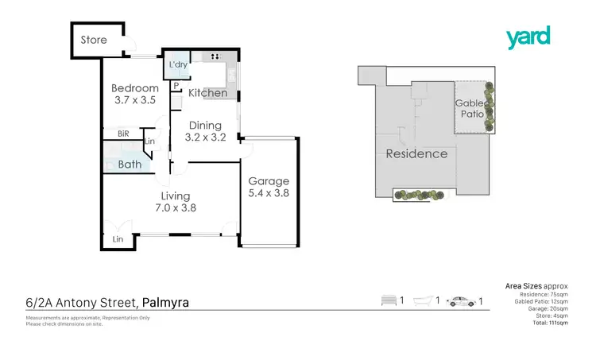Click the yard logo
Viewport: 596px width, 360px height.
[528, 37]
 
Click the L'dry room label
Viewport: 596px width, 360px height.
[176, 64]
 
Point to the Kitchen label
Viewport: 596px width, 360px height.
[207, 94]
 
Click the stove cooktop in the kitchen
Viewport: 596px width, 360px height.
[214, 56]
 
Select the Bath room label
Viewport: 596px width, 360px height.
[130, 165]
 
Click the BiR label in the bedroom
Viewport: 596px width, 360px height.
[123, 134]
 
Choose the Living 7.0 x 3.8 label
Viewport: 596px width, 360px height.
[176, 202]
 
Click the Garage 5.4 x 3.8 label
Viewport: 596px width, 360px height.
[268, 187]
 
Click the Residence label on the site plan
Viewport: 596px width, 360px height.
[416, 153]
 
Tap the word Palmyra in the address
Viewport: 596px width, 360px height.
[166, 302]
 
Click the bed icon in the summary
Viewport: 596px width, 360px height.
[389, 301]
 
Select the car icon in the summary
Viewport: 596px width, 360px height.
[462, 301]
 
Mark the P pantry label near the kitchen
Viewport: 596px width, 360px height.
[176, 86]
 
